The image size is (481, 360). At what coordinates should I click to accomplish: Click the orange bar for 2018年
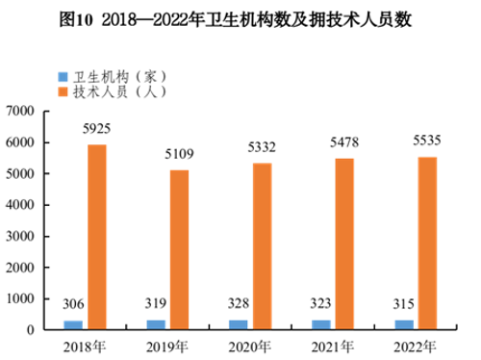(97, 237)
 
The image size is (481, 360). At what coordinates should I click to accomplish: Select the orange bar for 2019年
(179, 249)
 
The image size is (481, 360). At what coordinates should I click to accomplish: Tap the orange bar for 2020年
(262, 246)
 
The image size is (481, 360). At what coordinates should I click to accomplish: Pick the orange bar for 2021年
(344, 244)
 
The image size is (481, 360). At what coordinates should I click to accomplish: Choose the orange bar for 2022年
(427, 243)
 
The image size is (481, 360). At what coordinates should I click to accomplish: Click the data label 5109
(183, 157)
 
